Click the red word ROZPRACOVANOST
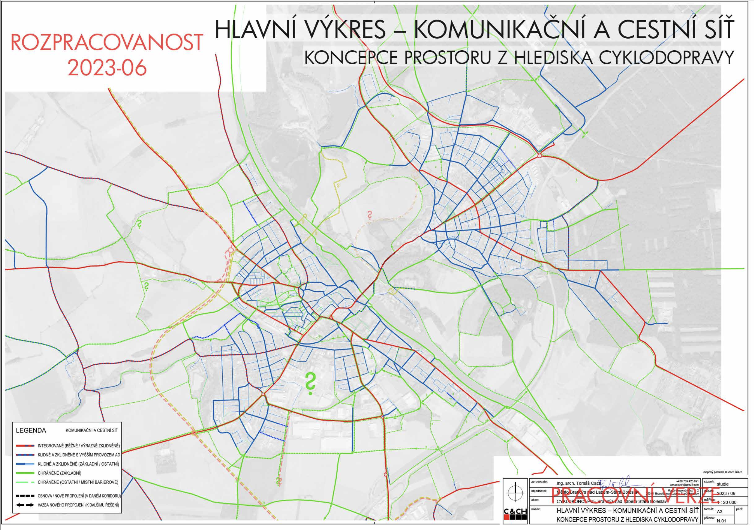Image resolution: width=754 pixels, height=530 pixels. coord(107,42)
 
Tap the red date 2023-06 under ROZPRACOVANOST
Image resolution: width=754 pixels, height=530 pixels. coord(107,68)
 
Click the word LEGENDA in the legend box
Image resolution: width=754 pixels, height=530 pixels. coord(31,430)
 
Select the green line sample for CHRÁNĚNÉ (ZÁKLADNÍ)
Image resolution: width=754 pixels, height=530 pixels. coord(25,473)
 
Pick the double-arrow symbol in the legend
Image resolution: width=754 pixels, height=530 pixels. coord(25,505)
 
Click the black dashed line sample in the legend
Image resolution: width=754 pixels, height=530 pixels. coord(25,496)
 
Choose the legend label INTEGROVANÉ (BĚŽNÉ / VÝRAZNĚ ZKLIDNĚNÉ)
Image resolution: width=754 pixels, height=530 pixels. coord(79,446)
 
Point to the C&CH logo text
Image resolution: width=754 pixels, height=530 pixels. coord(515,512)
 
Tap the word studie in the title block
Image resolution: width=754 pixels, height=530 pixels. coord(722,484)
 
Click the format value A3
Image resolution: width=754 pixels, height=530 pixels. coord(720,512)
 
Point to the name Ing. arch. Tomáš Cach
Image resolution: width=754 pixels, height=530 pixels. coord(579,484)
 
